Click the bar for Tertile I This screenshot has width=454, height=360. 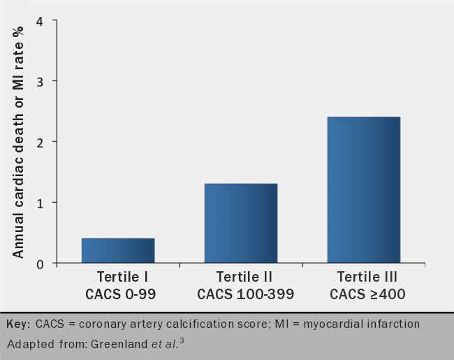point(118,250)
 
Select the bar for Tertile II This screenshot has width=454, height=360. point(241,223)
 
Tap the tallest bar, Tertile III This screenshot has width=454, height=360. point(364,189)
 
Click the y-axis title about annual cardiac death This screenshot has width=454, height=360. point(18,140)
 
